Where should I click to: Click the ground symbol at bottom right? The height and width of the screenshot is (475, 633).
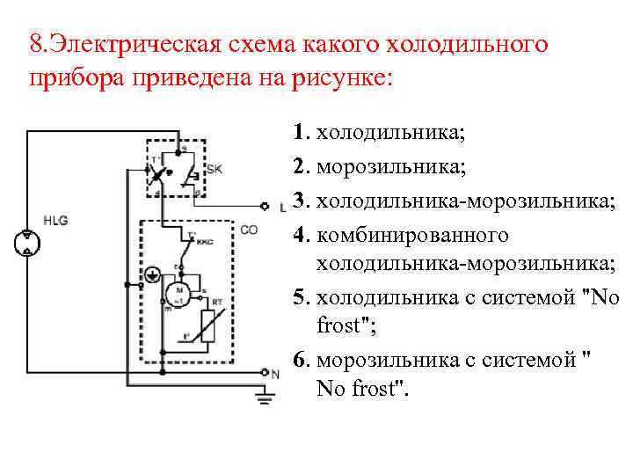coord(263,398)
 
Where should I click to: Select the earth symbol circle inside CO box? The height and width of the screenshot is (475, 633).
coord(152,274)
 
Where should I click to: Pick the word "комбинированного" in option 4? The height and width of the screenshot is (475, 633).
coord(412,236)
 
